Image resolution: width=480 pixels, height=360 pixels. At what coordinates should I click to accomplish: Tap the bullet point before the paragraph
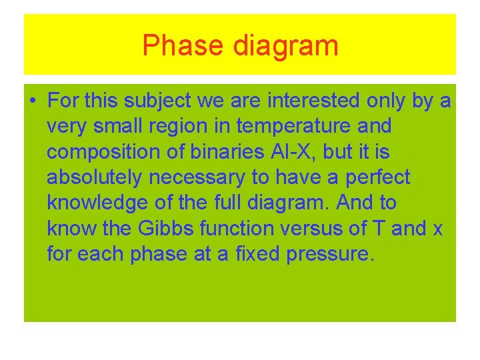(x=33, y=101)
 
